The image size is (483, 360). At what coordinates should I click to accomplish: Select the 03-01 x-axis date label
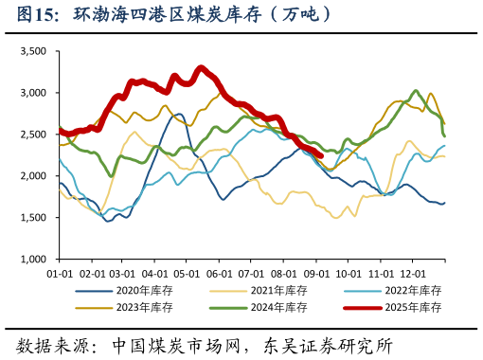pyautogui.click(x=123, y=271)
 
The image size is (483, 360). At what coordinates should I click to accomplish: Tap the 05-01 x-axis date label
pyautogui.click(x=187, y=271)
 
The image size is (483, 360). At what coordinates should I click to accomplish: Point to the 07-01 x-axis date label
pyautogui.click(x=251, y=271)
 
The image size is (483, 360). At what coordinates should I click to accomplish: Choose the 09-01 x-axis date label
pyautogui.click(x=316, y=271)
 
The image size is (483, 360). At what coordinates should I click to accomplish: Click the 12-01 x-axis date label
pyautogui.click(x=412, y=271)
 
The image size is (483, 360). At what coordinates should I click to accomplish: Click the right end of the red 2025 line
pyautogui.click(x=322, y=156)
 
